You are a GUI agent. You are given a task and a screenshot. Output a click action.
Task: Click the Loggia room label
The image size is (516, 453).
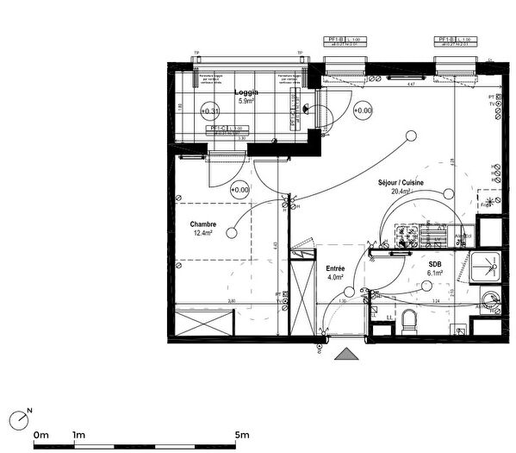point(246,91)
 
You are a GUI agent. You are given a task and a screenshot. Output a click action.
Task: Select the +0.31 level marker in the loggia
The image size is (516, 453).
point(209,111)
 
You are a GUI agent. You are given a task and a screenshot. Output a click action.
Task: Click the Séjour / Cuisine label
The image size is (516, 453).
point(401,183)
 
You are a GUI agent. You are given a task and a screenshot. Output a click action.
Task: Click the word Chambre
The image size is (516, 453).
point(202,223)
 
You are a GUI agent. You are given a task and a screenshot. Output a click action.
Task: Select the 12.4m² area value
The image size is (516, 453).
point(203,233)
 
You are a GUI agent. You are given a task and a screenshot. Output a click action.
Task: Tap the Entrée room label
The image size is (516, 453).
point(335,268)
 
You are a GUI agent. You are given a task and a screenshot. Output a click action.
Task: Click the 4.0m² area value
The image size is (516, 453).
point(335,278)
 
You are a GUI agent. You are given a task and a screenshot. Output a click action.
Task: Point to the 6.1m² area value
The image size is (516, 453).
point(435,274)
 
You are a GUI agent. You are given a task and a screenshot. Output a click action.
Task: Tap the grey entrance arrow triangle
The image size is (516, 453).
point(347,354)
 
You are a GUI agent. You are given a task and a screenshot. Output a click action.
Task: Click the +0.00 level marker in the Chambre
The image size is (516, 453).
point(239,190)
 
